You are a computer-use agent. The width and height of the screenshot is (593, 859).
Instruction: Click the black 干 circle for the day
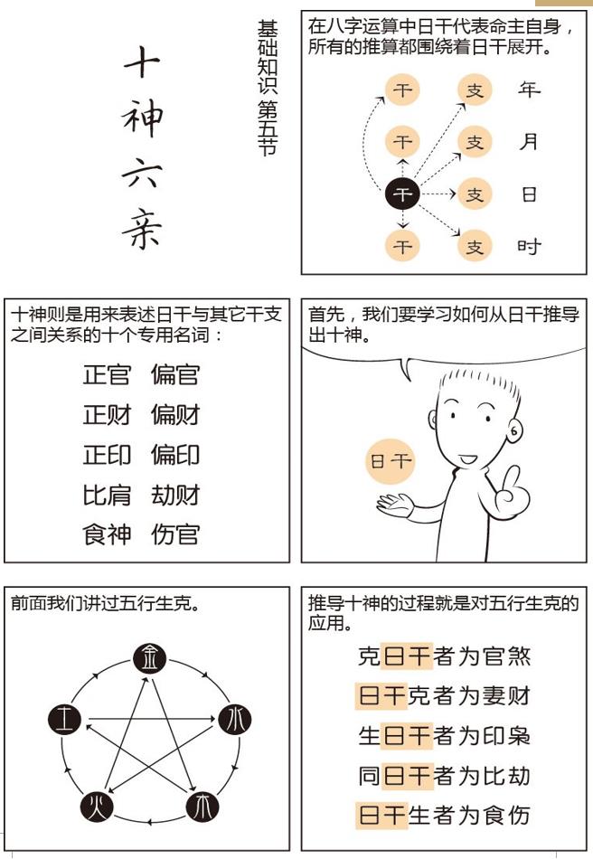coord(403,194)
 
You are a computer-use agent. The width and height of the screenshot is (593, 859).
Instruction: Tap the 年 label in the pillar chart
coord(529,90)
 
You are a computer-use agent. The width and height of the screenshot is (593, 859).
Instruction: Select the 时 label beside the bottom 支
coord(529,246)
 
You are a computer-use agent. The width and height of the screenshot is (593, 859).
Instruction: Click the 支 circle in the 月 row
coord(475,142)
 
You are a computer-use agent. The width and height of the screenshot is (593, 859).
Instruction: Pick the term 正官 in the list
coord(107,375)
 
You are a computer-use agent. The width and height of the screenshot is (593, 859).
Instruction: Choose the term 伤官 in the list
coord(175,534)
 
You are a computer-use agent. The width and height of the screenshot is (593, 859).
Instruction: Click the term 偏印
coord(175,455)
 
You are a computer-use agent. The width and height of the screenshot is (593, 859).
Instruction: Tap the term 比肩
coord(107,495)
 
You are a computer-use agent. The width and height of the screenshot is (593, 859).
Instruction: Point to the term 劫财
coord(175,495)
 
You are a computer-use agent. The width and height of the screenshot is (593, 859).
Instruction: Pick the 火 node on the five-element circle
coord(98,805)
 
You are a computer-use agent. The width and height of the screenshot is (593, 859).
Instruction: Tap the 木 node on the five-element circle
coord(202,805)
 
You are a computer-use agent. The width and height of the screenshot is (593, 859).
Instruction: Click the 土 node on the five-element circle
coord(65,720)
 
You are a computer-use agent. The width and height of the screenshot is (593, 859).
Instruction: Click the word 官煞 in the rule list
coord(507,656)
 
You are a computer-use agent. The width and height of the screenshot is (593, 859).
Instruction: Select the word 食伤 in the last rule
coord(507,815)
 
